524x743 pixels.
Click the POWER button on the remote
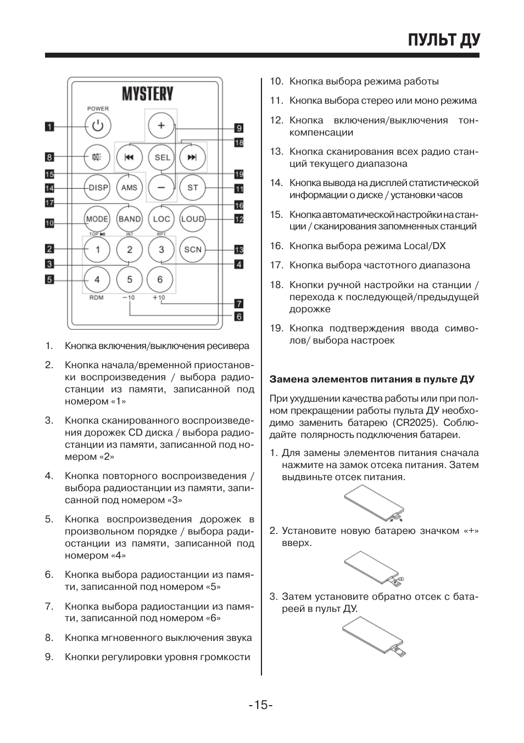coord(98,126)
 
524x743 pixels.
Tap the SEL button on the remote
coord(161,157)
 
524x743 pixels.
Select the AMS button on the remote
coord(129,188)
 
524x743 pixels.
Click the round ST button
coord(192,188)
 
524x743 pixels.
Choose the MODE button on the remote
coord(97,219)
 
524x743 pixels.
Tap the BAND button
coord(129,219)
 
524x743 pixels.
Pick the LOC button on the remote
coord(161,219)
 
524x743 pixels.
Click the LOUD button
coord(192,219)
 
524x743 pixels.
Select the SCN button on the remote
coord(192,250)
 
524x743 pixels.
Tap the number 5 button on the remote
coord(129,279)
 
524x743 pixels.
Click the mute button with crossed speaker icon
coord(97,157)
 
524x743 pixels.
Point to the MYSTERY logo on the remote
coord(147,94)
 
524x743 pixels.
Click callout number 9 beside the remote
coord(239,128)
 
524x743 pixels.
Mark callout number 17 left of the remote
coord(49,203)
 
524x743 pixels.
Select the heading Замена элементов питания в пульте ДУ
coord(372,379)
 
